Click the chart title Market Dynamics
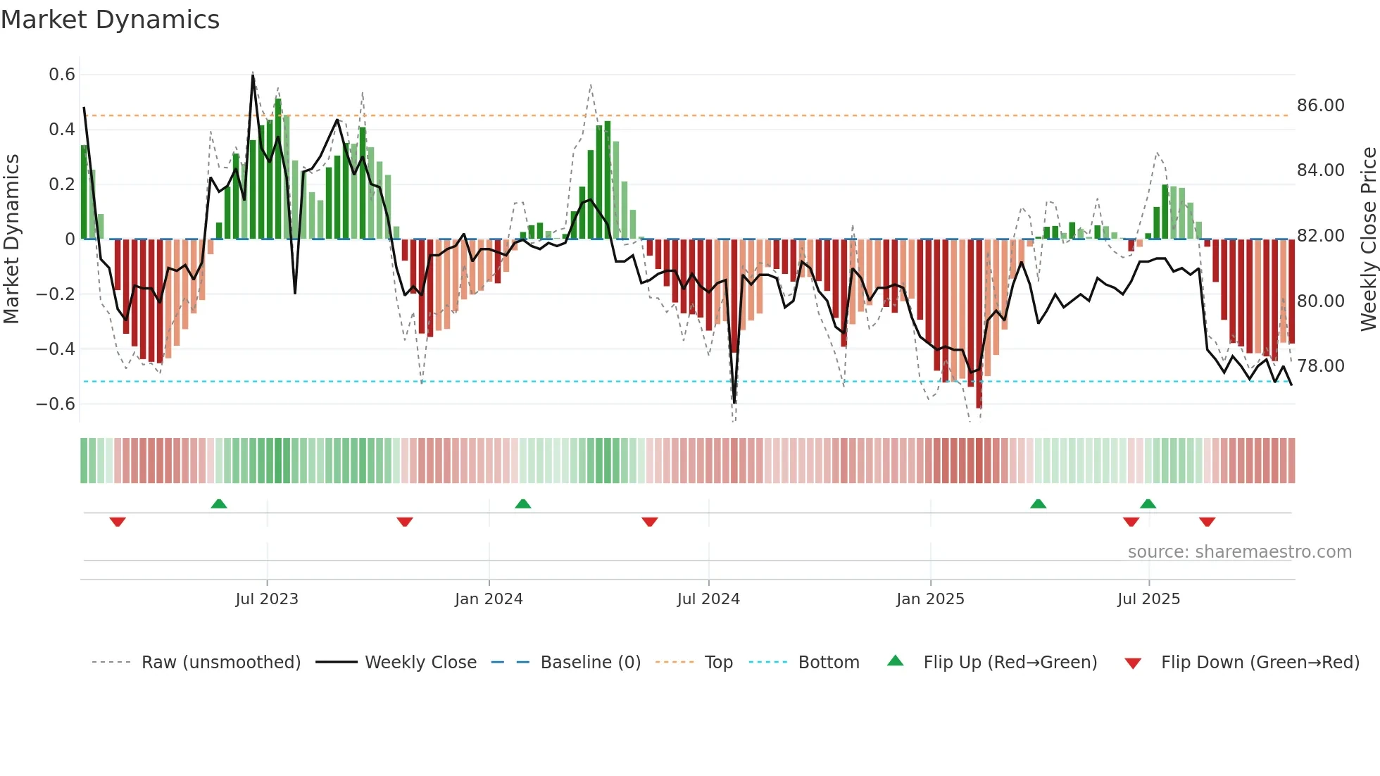coord(110,20)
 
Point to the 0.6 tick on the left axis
coord(62,75)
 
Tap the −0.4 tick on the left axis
coord(56,349)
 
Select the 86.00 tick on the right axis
coord(1320,106)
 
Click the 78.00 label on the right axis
coord(1320,366)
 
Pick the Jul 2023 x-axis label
coord(267,599)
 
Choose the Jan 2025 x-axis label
coord(930,599)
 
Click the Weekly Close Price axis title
coord(1368,239)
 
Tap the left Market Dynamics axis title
coord(11,239)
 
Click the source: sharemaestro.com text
coord(1239,552)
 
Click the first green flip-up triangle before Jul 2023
coord(219,504)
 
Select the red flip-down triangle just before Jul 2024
coord(650,521)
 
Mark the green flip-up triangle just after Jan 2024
coord(522,504)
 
